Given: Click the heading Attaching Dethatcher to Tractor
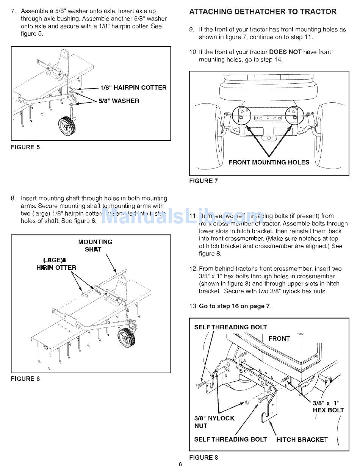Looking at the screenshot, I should click(263, 11).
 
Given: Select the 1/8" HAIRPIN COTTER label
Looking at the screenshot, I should click(133, 88).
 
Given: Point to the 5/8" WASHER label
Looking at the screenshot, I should click(119, 101).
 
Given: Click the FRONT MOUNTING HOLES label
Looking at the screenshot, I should click(269, 162).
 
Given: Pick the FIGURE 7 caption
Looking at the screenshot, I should click(203, 181).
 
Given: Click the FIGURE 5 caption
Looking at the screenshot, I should click(25, 147).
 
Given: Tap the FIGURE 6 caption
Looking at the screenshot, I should click(25, 379).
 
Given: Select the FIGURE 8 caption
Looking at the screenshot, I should click(203, 457).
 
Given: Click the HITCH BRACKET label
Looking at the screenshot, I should click(302, 440).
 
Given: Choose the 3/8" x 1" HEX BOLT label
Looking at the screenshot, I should click(328, 406).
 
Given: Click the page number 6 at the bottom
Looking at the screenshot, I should click(180, 465).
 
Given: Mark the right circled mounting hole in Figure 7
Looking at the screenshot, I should click(294, 114).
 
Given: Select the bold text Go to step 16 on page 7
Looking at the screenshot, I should click(235, 306).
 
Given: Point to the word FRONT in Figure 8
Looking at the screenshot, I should click(279, 338).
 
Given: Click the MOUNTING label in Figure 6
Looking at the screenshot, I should click(95, 242).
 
